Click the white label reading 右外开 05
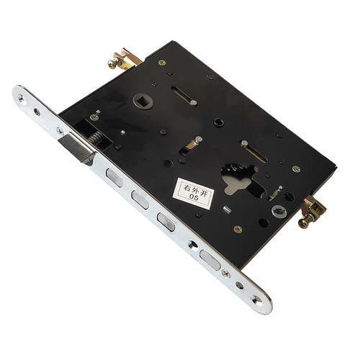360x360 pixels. (x=194, y=194)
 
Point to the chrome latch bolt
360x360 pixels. (x=76, y=149)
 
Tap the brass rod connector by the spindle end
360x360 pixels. (x=122, y=59)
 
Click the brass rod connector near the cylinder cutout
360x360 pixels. (x=312, y=212)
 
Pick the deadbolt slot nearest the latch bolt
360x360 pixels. (x=114, y=178)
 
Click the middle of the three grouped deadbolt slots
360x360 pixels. (x=140, y=199)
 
